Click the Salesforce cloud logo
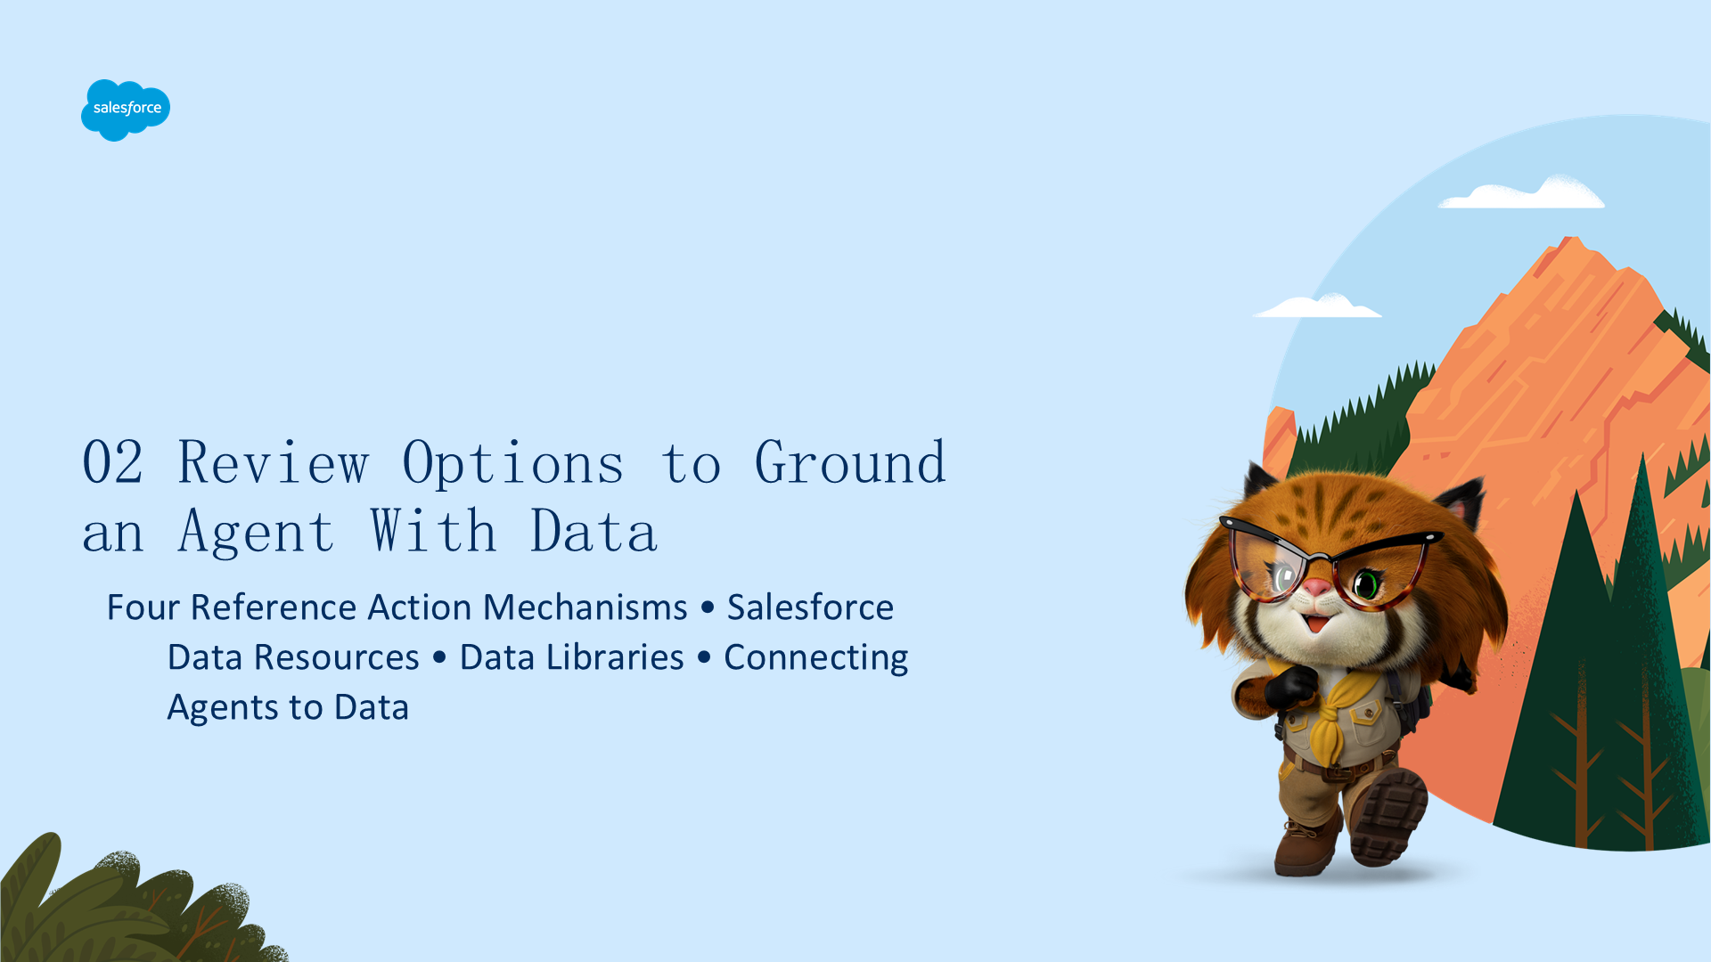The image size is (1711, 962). [x=126, y=110]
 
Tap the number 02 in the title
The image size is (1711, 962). [x=113, y=462]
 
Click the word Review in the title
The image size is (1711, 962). [x=274, y=462]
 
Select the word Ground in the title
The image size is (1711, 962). [x=850, y=462]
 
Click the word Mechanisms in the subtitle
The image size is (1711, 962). [x=585, y=607]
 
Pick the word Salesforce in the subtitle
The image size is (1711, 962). [x=810, y=607]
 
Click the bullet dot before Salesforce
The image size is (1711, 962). [x=708, y=608]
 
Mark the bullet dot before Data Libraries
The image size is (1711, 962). [x=439, y=658]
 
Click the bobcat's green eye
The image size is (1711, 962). [x=1366, y=584]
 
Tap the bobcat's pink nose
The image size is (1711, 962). [x=1317, y=587]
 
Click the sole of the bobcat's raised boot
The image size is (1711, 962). [x=1389, y=817]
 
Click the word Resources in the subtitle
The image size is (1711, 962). [x=337, y=657]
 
